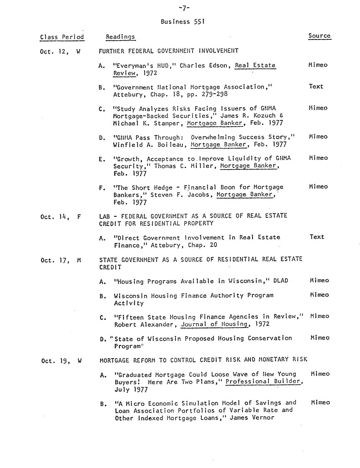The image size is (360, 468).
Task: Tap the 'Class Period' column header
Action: tap(62, 37)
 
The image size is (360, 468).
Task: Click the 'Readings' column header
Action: tap(120, 37)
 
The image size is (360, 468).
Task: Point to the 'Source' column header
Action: tap(319, 36)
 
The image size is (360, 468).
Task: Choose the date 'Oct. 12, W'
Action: tap(60, 52)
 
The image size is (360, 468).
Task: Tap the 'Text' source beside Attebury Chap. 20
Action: tap(317, 237)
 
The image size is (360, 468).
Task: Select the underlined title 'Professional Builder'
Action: tap(263, 382)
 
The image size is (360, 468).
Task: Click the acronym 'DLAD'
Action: tap(280, 281)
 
